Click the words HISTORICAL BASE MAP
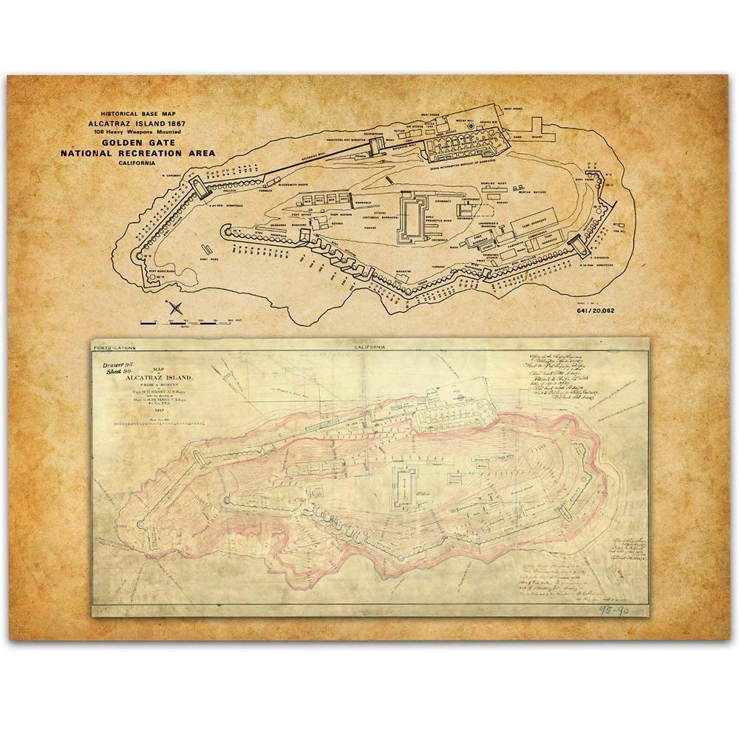(x=140, y=107)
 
